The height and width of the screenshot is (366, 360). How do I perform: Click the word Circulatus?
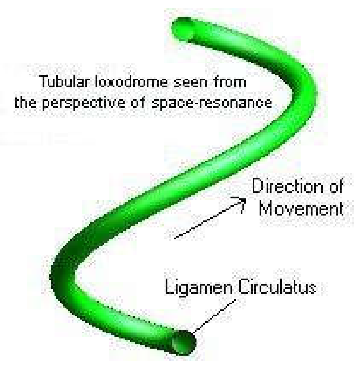[x=277, y=287]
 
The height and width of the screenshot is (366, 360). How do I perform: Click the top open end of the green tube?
[x=184, y=28]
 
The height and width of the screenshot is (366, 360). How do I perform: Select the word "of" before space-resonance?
[x=139, y=103]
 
